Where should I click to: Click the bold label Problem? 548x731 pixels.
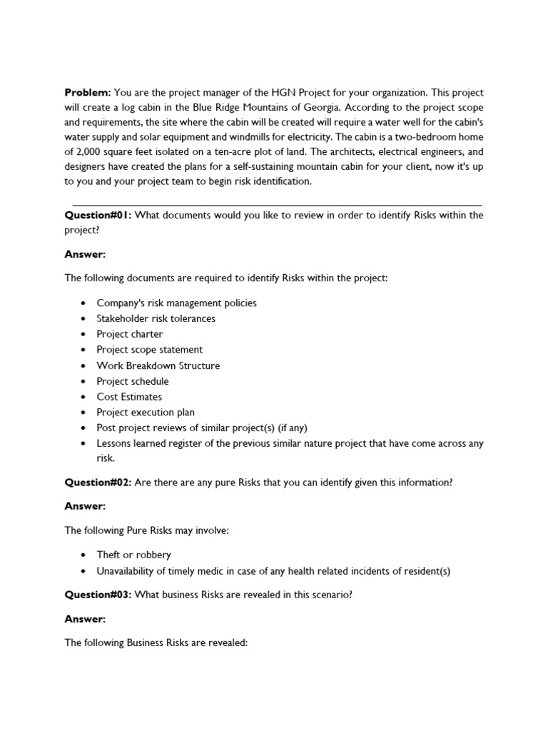click(88, 93)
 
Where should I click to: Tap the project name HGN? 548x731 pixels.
click(281, 93)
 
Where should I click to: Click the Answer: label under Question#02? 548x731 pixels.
click(85, 505)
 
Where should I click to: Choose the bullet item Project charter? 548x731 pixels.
click(130, 334)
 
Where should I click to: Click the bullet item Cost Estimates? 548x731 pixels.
click(129, 397)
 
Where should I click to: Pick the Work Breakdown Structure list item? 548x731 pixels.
click(158, 365)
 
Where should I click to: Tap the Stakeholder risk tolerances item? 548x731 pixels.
click(156, 318)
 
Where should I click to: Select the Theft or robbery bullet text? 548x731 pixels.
click(134, 555)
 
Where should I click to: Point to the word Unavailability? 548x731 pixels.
click(130, 571)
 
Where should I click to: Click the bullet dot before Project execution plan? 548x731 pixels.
click(83, 413)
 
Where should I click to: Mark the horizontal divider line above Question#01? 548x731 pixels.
click(277, 205)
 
